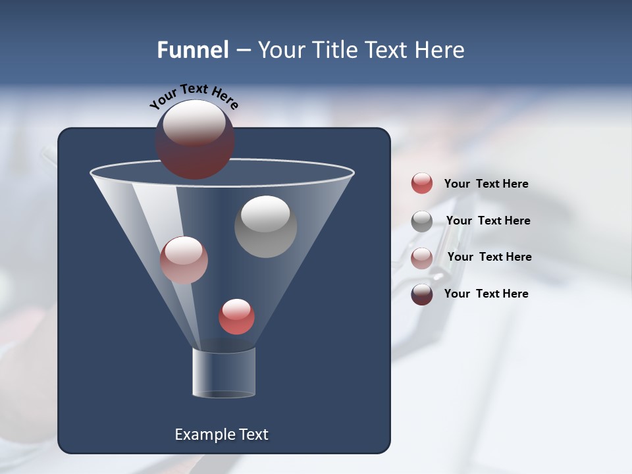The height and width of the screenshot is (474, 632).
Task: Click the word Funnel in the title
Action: [x=192, y=50]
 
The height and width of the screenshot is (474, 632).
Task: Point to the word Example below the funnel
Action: [x=203, y=434]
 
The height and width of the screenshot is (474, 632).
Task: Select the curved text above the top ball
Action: [x=194, y=97]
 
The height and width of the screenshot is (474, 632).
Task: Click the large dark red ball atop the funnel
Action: [x=195, y=140]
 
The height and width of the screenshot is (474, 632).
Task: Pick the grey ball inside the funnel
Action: [x=266, y=226]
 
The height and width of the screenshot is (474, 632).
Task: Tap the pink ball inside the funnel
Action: [x=184, y=260]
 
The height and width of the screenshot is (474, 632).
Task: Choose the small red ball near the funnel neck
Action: [x=236, y=317]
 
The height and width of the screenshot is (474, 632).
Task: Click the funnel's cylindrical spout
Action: [x=224, y=372]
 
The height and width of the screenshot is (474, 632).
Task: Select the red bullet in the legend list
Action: [x=422, y=183]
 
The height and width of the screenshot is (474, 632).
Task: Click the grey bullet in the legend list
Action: [x=422, y=221]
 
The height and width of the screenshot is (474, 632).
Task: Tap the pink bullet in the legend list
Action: [x=422, y=258]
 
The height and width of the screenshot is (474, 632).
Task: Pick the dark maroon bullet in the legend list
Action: [x=422, y=294]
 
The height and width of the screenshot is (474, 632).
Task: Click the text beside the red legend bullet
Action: [x=486, y=184]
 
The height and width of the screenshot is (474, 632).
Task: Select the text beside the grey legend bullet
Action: [x=488, y=221]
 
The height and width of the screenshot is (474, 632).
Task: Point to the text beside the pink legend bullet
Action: [x=489, y=257]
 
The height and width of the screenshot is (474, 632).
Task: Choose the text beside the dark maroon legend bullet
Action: [x=486, y=294]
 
